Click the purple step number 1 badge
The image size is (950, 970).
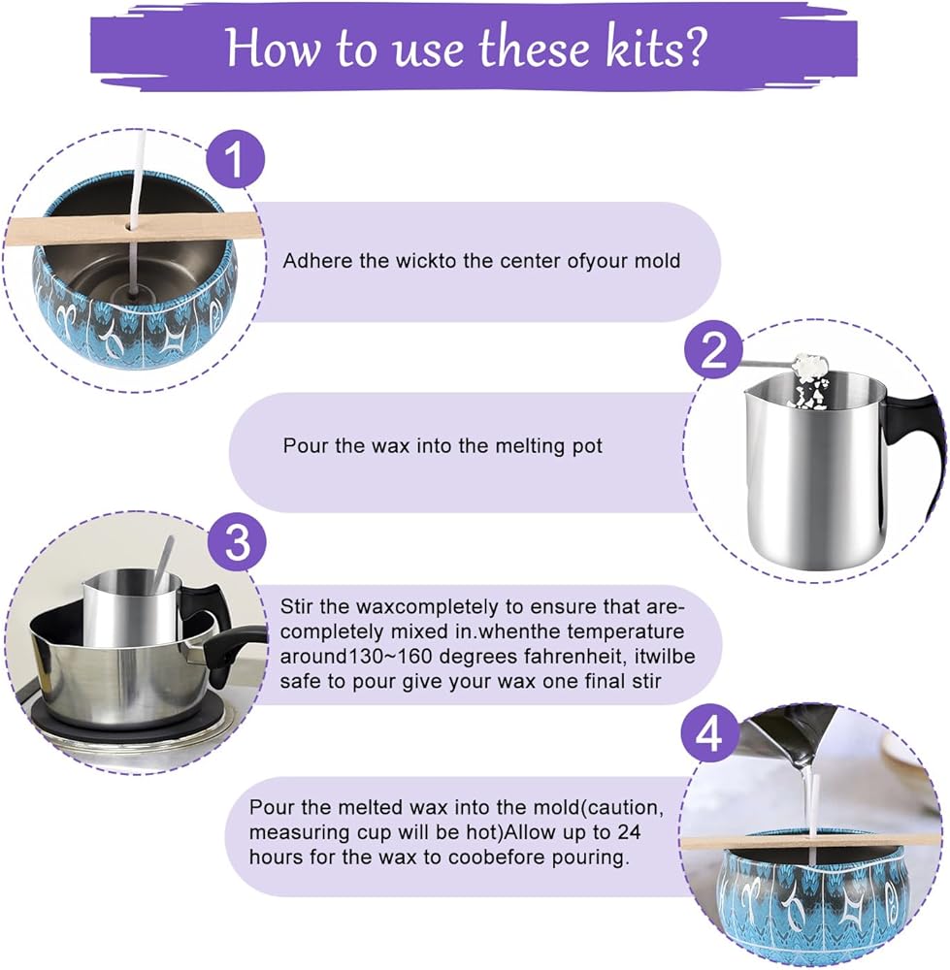[x=235, y=159]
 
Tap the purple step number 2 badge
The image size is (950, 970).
[x=713, y=350]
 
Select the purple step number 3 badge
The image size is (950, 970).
[x=237, y=542]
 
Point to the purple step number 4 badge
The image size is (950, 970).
[x=709, y=735]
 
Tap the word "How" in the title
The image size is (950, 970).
[x=273, y=48]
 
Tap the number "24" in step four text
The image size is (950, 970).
[x=629, y=832]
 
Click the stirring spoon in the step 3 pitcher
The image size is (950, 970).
[x=165, y=563]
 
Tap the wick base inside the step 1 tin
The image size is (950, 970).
[x=131, y=296]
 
